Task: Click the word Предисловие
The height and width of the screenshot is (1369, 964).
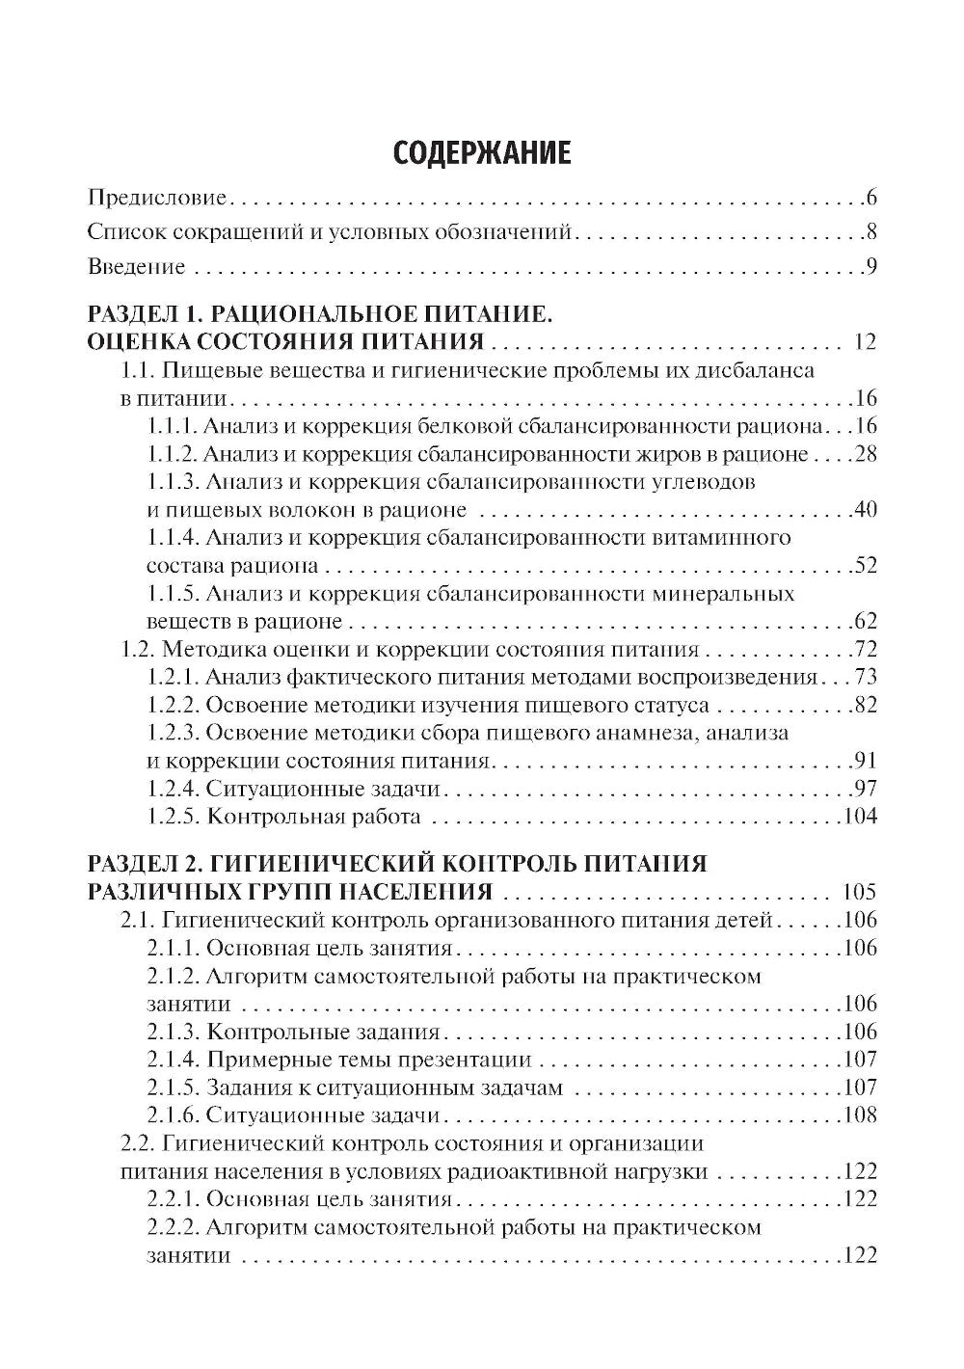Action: click(156, 199)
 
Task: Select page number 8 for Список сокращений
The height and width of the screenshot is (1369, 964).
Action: click(870, 231)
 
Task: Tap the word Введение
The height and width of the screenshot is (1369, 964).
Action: click(136, 266)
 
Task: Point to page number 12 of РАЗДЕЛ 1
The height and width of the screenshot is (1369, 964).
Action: click(865, 342)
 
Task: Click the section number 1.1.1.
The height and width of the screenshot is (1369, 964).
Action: click(174, 426)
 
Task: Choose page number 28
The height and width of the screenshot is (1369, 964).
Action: click(865, 454)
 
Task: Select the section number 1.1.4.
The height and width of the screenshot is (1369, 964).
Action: click(174, 538)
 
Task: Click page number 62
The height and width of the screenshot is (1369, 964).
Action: click(865, 621)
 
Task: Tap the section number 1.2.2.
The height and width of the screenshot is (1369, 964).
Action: click(174, 705)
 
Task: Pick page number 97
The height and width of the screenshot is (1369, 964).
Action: click(865, 789)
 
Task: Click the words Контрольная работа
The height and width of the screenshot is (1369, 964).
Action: click(314, 817)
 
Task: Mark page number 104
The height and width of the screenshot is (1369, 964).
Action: click(860, 817)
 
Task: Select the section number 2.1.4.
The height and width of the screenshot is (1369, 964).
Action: click(174, 1060)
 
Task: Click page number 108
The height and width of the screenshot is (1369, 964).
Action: click(860, 1115)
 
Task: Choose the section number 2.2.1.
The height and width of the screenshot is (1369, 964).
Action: click(174, 1199)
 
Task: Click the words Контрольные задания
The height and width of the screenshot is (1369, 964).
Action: click(323, 1032)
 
